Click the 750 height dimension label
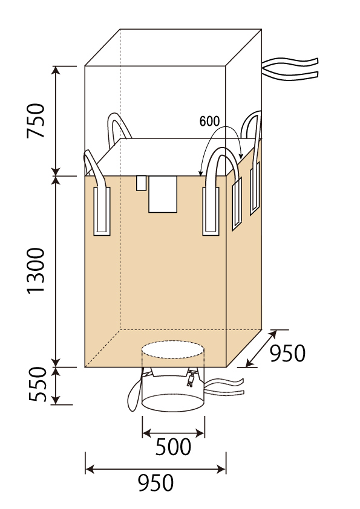pyautogui.click(x=36, y=120)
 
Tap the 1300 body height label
pyautogui.click(x=36, y=271)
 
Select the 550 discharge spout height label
pyautogui.click(x=38, y=384)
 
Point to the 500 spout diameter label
pyautogui.click(x=173, y=447)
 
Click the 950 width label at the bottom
pyautogui.click(x=155, y=483)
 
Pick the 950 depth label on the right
pyautogui.click(x=287, y=353)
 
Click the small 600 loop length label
pyautogui.click(x=209, y=122)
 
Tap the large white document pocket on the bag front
pyautogui.click(x=163, y=194)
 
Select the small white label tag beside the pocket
pyautogui.click(x=142, y=183)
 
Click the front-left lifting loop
pyautogui.click(x=97, y=195)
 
